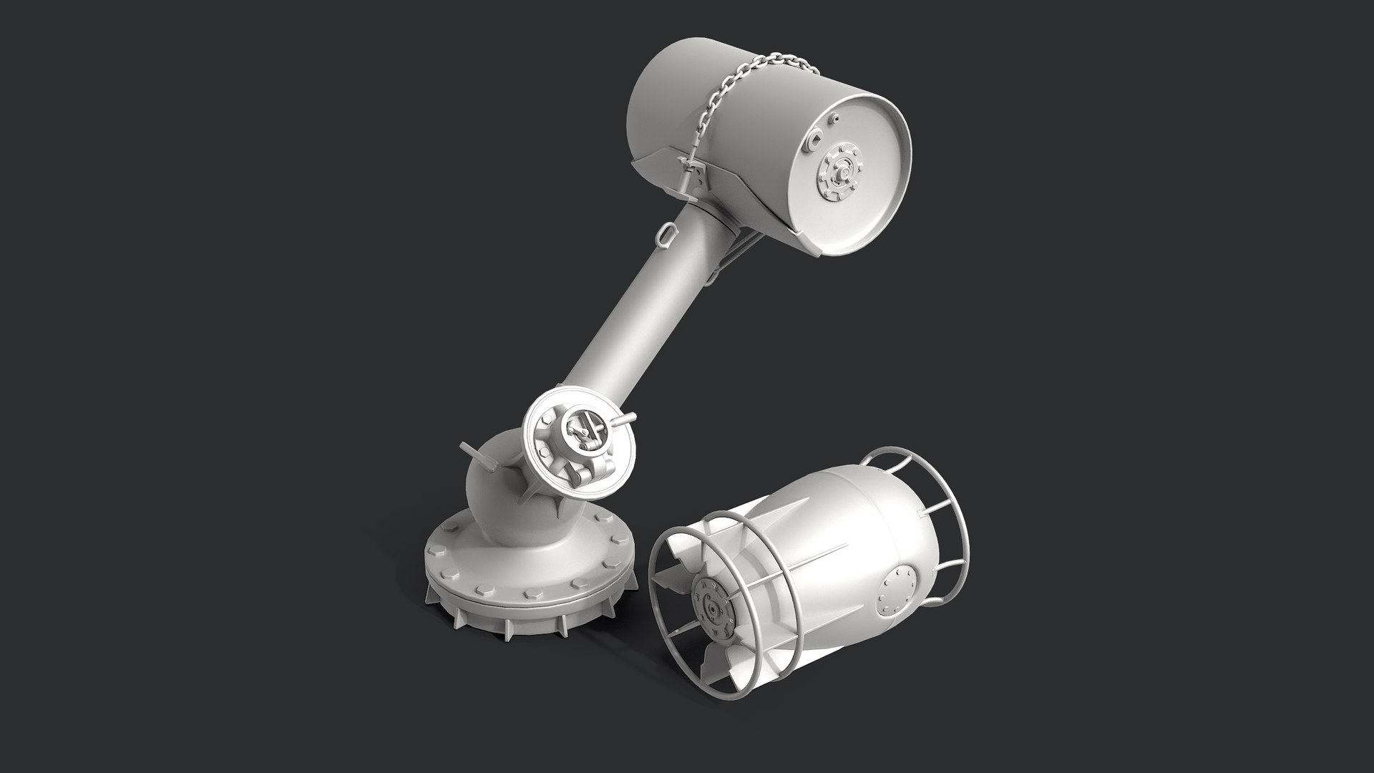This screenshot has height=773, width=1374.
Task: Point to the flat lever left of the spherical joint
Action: click(x=471, y=454)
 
